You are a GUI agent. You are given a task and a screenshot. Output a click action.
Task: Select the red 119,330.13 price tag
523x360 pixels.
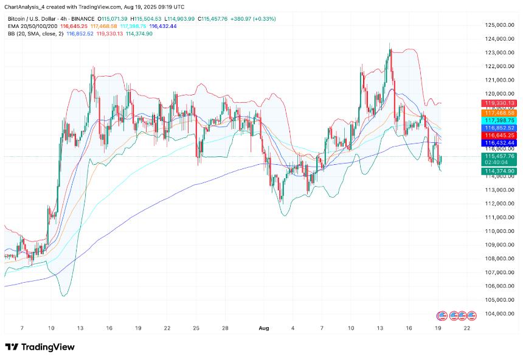[499, 103]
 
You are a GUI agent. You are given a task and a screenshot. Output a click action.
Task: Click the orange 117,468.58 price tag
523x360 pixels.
[499, 112]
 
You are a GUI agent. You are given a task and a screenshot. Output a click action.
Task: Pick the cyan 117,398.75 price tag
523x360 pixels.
[499, 120]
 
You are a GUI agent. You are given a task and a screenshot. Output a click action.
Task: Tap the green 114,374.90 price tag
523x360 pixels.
[499, 171]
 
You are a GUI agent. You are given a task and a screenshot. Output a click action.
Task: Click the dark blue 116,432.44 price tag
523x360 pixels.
[499, 142]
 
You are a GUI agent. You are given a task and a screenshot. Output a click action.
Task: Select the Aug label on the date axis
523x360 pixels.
[263, 328]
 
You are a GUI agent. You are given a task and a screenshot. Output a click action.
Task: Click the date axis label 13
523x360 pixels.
[80, 328]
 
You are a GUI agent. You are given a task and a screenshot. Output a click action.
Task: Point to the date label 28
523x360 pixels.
[225, 328]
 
